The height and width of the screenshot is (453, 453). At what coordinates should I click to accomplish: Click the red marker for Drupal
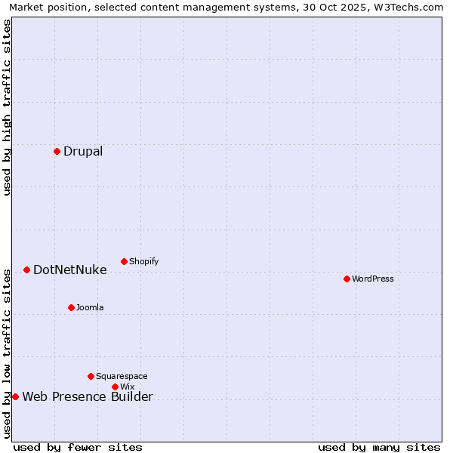(x=57, y=151)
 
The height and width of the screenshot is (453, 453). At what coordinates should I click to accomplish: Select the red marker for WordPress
(x=347, y=279)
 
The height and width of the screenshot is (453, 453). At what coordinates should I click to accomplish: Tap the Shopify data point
(x=124, y=261)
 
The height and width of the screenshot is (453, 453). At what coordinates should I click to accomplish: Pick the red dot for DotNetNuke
(x=26, y=270)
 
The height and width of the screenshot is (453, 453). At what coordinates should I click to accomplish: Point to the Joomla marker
(x=71, y=307)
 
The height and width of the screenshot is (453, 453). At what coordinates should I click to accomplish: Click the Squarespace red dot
(x=91, y=376)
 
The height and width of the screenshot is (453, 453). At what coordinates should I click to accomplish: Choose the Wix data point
(x=115, y=387)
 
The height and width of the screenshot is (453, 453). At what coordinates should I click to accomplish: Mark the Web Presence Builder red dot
(x=15, y=396)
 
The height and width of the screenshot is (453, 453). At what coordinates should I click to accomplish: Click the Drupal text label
(x=83, y=151)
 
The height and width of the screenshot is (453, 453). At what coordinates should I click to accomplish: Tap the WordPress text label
(x=373, y=279)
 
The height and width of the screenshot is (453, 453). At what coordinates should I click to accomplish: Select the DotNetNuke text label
(x=70, y=270)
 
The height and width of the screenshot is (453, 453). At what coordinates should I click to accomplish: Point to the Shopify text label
(x=144, y=261)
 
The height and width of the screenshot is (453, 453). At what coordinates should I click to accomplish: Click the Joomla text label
(x=90, y=307)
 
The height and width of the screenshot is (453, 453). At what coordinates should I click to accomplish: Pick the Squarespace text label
(x=122, y=376)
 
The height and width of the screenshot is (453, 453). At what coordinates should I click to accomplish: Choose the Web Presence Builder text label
(x=88, y=397)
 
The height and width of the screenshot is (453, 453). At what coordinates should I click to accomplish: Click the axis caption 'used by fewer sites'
(x=78, y=447)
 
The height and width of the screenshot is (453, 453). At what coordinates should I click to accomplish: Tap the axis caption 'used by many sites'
(x=379, y=447)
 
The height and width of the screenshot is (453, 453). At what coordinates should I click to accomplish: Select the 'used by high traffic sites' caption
(x=7, y=107)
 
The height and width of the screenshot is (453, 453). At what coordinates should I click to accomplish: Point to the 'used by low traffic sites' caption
(x=7, y=353)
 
